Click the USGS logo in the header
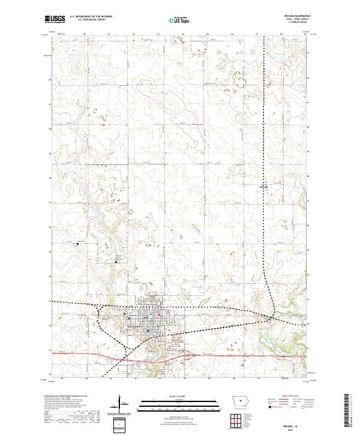tap(55, 20)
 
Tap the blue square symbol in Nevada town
tap(148, 330)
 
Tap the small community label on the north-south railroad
tap(263, 187)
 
